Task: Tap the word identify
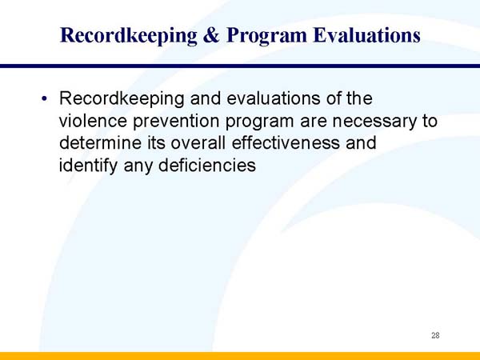click(x=86, y=167)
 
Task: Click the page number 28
click(x=435, y=335)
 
